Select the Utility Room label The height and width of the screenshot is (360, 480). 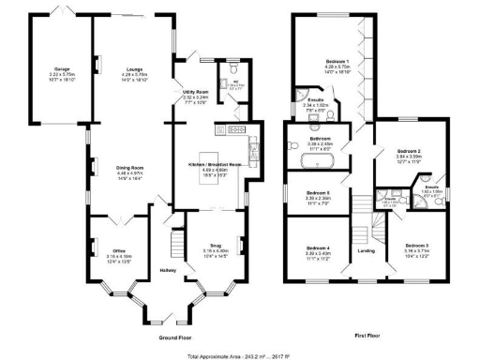pos(195,93)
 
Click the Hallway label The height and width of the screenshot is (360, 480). pos(169,271)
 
